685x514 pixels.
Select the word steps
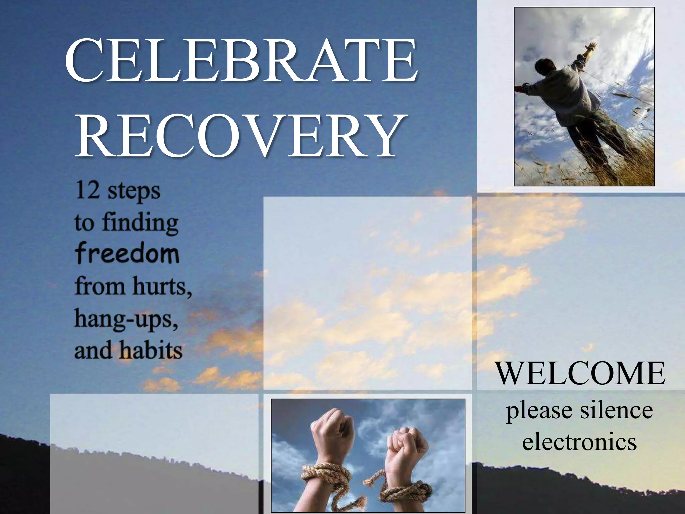coord(134,191)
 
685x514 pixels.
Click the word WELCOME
coord(580,374)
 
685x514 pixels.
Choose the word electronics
coord(579,442)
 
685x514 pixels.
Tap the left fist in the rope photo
coord(331,427)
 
